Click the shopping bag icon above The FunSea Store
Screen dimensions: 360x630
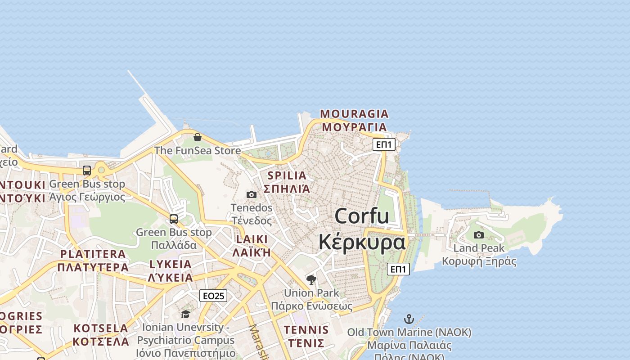click(x=197, y=137)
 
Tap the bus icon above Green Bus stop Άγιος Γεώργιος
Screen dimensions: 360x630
click(x=87, y=171)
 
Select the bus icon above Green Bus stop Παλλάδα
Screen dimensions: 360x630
click(x=174, y=219)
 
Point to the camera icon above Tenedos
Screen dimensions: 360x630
click(x=252, y=194)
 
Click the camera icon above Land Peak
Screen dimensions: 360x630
click(x=479, y=235)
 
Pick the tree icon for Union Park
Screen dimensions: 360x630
click(x=311, y=280)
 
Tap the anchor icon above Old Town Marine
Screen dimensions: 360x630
click(x=409, y=319)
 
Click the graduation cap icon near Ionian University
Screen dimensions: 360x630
click(x=185, y=314)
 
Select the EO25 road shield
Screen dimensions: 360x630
click(x=213, y=296)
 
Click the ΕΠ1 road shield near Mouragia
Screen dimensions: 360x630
click(x=384, y=144)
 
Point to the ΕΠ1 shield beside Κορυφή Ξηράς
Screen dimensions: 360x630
click(x=398, y=269)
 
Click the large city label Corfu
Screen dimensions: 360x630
click(x=362, y=216)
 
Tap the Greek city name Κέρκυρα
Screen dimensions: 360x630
click(x=362, y=242)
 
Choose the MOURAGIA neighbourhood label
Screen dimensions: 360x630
click(x=354, y=113)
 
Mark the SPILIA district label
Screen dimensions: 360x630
click(x=287, y=175)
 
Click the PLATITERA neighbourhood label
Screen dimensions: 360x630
click(x=93, y=254)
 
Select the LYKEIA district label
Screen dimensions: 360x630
click(x=171, y=264)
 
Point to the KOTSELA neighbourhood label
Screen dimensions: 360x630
click(x=101, y=328)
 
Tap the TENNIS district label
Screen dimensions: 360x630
click(x=306, y=330)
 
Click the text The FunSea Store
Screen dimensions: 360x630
click(x=198, y=150)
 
